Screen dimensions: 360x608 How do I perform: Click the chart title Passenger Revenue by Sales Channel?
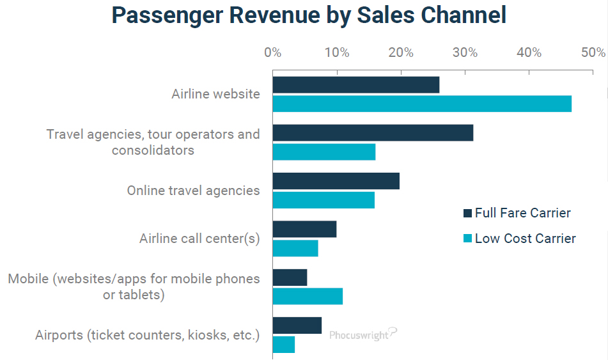click(x=309, y=15)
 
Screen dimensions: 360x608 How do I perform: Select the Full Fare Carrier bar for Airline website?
click(x=355, y=84)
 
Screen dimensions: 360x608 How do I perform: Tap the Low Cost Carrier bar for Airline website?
click(x=422, y=104)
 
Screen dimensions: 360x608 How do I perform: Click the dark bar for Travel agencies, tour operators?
click(x=373, y=132)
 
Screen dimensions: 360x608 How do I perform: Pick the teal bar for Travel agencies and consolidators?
click(x=323, y=152)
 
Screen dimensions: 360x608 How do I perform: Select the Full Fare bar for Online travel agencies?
click(x=336, y=181)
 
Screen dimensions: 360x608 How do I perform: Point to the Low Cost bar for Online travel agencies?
click(x=323, y=200)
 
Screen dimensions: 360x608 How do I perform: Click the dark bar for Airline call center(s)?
click(x=304, y=229)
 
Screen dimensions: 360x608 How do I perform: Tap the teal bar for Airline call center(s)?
click(x=295, y=248)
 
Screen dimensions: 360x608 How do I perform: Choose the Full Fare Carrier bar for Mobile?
click(x=290, y=278)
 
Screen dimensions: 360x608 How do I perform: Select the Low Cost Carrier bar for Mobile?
click(x=308, y=297)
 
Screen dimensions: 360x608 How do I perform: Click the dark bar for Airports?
click(x=297, y=325)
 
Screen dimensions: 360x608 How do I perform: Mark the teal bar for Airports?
click(x=284, y=345)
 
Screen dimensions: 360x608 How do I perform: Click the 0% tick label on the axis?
click(x=273, y=52)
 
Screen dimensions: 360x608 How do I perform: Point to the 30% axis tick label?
click(x=465, y=52)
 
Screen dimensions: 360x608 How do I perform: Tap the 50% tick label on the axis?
click(x=593, y=52)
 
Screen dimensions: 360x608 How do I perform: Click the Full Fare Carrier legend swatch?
click(x=467, y=214)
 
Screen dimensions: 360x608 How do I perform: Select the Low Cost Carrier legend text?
click(x=525, y=239)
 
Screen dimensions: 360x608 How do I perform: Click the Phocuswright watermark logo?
click(x=363, y=334)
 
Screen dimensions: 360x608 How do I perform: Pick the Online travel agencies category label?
click(x=193, y=191)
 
